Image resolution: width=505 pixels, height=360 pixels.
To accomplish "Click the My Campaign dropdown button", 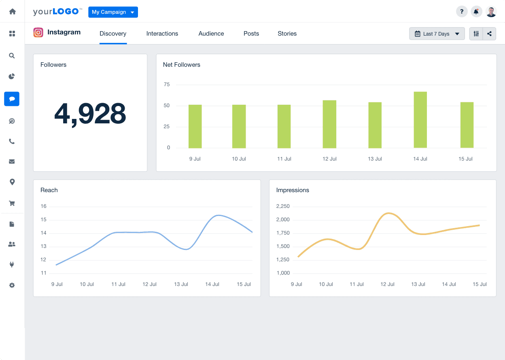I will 113,12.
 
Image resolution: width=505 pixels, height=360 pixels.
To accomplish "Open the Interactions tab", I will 162,34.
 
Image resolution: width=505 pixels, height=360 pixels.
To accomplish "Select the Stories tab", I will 287,34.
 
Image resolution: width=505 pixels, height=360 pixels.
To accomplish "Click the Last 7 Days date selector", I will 437,34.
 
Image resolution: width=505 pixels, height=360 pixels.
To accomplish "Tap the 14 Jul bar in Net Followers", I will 420,120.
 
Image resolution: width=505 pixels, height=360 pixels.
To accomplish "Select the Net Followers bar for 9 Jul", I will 195,126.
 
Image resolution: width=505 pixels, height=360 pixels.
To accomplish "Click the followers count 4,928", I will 90,114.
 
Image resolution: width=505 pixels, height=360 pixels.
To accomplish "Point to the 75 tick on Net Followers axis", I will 167,85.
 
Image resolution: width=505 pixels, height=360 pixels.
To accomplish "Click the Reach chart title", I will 49,190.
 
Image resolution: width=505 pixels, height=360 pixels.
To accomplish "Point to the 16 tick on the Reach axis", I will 44,206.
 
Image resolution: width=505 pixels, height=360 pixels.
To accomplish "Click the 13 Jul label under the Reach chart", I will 181,284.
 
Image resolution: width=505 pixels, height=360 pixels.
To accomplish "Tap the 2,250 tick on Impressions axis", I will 283,206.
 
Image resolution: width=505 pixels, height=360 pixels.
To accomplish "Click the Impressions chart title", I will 293,190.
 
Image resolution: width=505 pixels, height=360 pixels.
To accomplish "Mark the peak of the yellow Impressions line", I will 388,213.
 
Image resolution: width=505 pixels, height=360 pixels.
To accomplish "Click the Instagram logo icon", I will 38,32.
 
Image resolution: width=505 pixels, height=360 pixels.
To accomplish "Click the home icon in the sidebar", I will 12,11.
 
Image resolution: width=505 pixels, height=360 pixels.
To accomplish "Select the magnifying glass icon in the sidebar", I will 12,56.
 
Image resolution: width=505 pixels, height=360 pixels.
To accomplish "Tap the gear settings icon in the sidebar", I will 12,285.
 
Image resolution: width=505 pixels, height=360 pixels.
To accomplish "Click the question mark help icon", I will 462,12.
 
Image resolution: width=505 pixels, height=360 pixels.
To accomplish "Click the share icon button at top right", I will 489,34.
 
